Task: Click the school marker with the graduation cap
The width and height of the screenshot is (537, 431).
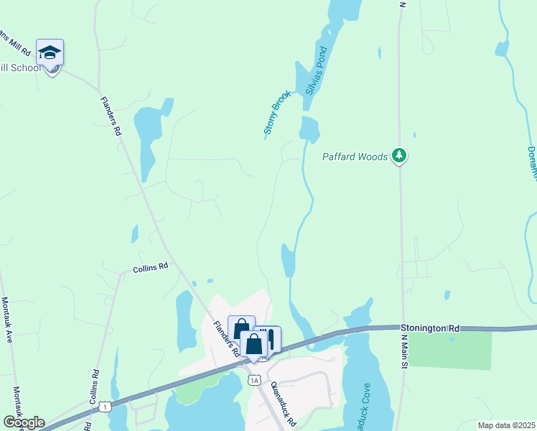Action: coord(50,53)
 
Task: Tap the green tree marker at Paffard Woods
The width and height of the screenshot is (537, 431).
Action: coord(400,156)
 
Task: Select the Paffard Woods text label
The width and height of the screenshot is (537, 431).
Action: coord(355,157)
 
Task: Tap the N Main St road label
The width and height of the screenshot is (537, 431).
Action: coord(403,351)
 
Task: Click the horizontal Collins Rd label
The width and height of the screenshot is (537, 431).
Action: coord(150,268)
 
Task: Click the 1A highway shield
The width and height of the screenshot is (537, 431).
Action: coord(253,380)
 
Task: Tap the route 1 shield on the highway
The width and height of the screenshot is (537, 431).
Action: coord(106,407)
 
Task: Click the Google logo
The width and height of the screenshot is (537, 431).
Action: coord(24,422)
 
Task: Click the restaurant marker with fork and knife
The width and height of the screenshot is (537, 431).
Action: coord(269,338)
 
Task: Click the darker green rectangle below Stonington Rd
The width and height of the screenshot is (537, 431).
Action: coord(450,351)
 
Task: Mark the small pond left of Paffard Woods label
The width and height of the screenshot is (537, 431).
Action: coord(309,129)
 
